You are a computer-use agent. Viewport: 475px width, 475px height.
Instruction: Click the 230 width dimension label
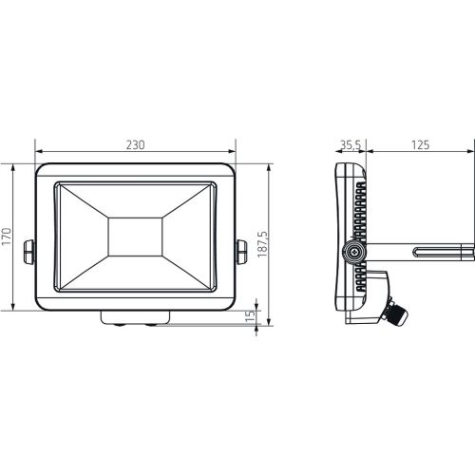pyautogui.click(x=135, y=144)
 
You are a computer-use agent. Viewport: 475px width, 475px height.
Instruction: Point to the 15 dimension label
pyautogui.click(x=250, y=315)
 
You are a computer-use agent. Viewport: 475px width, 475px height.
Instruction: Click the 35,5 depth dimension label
pyautogui.click(x=349, y=144)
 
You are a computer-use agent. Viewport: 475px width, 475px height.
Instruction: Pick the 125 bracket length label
pyautogui.click(x=421, y=144)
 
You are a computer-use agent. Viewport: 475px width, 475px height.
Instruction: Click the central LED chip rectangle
pyautogui.click(x=135, y=236)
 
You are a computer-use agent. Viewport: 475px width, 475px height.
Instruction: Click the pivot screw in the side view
pyautogui.click(x=353, y=252)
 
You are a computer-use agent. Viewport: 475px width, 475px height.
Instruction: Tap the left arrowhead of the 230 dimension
pyautogui.click(x=37, y=152)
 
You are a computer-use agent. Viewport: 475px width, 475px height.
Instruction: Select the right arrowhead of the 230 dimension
pyautogui.click(x=233, y=152)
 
